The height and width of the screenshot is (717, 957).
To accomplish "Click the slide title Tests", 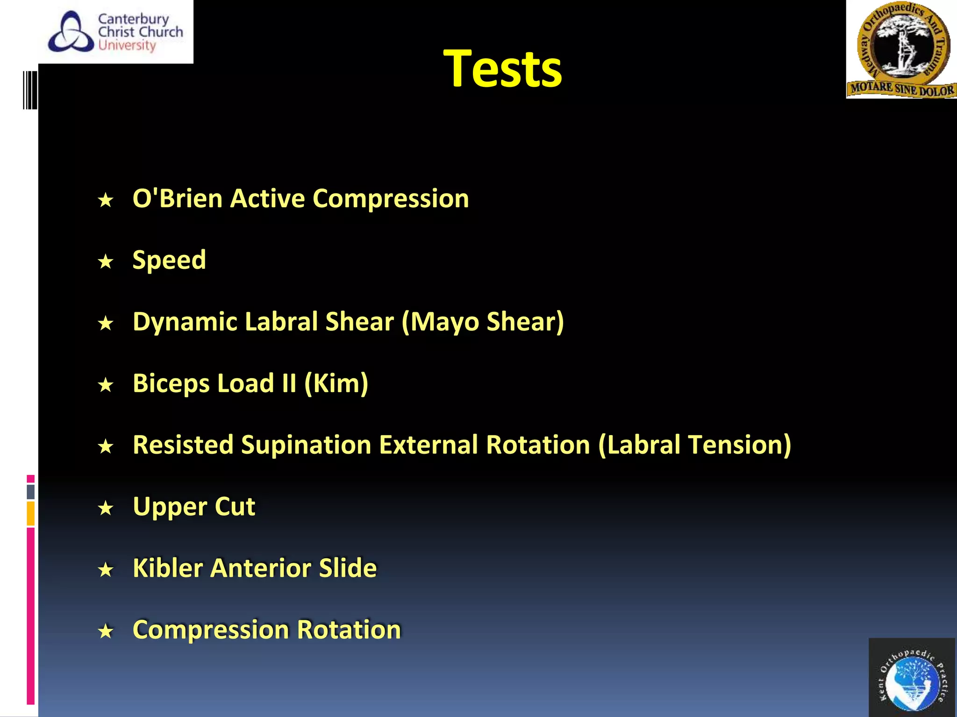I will (502, 69).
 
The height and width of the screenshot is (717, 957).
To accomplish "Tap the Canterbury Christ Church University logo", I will (116, 32).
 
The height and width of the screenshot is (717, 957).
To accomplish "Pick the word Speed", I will (169, 260).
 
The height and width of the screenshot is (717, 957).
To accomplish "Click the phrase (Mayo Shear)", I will (483, 322).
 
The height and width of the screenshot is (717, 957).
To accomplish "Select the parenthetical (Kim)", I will (336, 384).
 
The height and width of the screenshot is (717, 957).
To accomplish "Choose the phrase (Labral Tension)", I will (694, 445).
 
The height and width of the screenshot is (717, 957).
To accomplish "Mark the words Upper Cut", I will (194, 507).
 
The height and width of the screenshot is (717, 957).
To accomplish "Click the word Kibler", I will (168, 569).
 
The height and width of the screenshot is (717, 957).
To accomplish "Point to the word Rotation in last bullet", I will (349, 630).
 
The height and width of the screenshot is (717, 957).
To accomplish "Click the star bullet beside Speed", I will (106, 261).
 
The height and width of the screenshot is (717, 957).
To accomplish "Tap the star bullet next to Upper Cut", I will (106, 508).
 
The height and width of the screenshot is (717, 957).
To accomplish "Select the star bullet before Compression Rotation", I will (106, 631).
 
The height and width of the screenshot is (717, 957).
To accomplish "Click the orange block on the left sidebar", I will (31, 513).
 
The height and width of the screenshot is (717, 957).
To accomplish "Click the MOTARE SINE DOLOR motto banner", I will (901, 89).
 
